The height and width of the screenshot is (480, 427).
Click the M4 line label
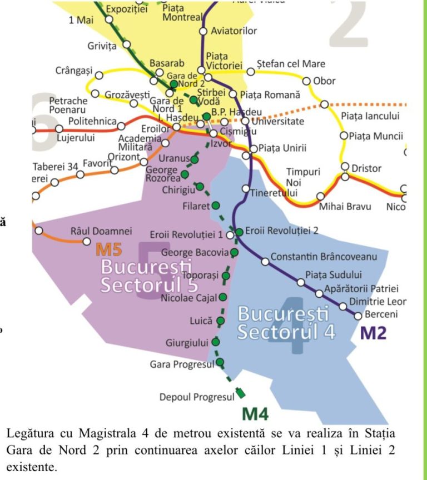255,414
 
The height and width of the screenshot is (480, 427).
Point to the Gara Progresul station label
182,365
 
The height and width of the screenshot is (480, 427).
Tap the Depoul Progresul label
197,397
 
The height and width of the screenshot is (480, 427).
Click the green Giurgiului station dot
216,342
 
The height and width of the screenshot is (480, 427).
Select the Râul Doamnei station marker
86,241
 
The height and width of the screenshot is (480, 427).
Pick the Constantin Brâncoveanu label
324,257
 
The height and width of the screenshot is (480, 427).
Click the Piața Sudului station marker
301,282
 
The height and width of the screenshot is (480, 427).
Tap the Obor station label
324,81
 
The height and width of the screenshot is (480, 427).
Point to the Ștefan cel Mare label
291,64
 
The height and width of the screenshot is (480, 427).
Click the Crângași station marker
99,75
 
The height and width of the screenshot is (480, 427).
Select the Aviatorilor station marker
203,31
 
